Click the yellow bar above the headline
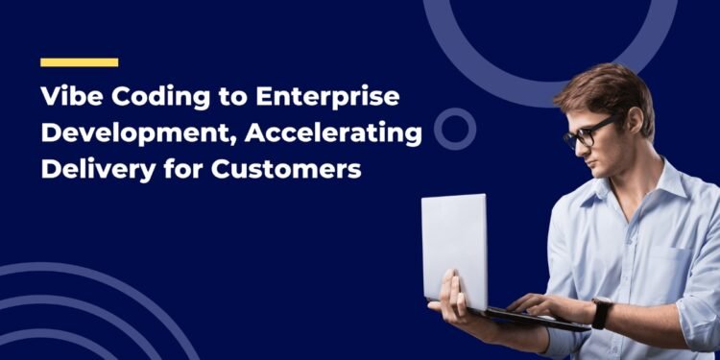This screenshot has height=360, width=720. (x=79, y=62)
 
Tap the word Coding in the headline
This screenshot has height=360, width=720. (x=152, y=99)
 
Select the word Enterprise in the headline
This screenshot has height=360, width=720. (x=324, y=99)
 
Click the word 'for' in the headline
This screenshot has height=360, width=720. (x=176, y=168)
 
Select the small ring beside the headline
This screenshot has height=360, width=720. (x=454, y=129)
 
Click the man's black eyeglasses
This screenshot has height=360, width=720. (x=587, y=132)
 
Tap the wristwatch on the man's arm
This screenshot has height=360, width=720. (x=602, y=313)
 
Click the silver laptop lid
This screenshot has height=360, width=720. (x=454, y=250)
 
